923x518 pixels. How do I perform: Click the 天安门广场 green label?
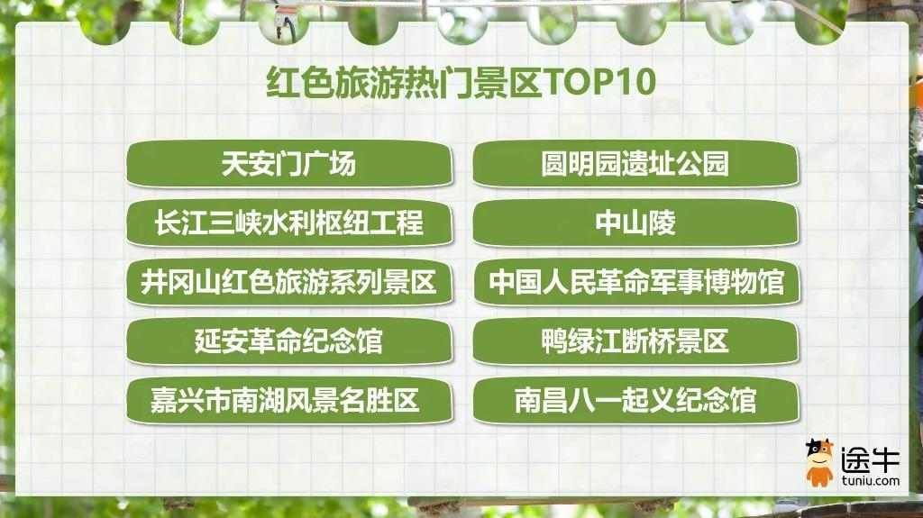click(289, 164)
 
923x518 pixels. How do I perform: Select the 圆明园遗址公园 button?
click(635, 164)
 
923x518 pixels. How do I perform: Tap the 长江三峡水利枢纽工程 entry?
click(289, 223)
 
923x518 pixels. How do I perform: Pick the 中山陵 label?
click(635, 223)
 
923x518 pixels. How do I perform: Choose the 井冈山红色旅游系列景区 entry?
click(289, 282)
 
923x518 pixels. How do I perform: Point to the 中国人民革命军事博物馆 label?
click(635, 282)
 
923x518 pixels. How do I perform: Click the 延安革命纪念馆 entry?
click(289, 341)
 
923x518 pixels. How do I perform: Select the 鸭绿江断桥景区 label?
click(635, 341)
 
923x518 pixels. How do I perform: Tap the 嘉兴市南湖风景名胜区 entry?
click(289, 401)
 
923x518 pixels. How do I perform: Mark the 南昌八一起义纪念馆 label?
click(635, 401)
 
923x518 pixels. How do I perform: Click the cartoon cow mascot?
click(820, 463)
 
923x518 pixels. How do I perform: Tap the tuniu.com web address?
click(870, 480)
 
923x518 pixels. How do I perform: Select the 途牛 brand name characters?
click(870, 459)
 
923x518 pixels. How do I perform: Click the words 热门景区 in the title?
click(473, 81)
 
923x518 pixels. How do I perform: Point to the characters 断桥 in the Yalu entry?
click(648, 341)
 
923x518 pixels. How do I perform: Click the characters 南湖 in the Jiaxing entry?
click(257, 401)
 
